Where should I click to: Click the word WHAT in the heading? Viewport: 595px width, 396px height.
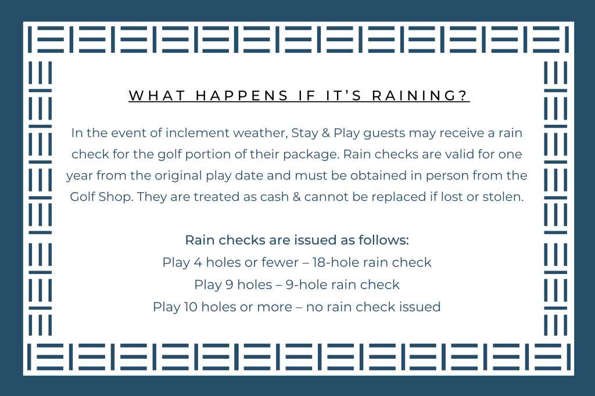coord(157,96)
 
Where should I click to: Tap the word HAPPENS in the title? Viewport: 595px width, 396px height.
coord(242,96)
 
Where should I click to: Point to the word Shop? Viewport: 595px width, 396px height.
coord(116,197)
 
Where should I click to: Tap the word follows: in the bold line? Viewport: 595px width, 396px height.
coord(383,240)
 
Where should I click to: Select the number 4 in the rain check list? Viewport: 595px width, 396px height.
coord(198,262)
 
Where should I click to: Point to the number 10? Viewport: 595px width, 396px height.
coord(191,307)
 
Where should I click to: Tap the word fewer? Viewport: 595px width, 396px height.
coord(280,262)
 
